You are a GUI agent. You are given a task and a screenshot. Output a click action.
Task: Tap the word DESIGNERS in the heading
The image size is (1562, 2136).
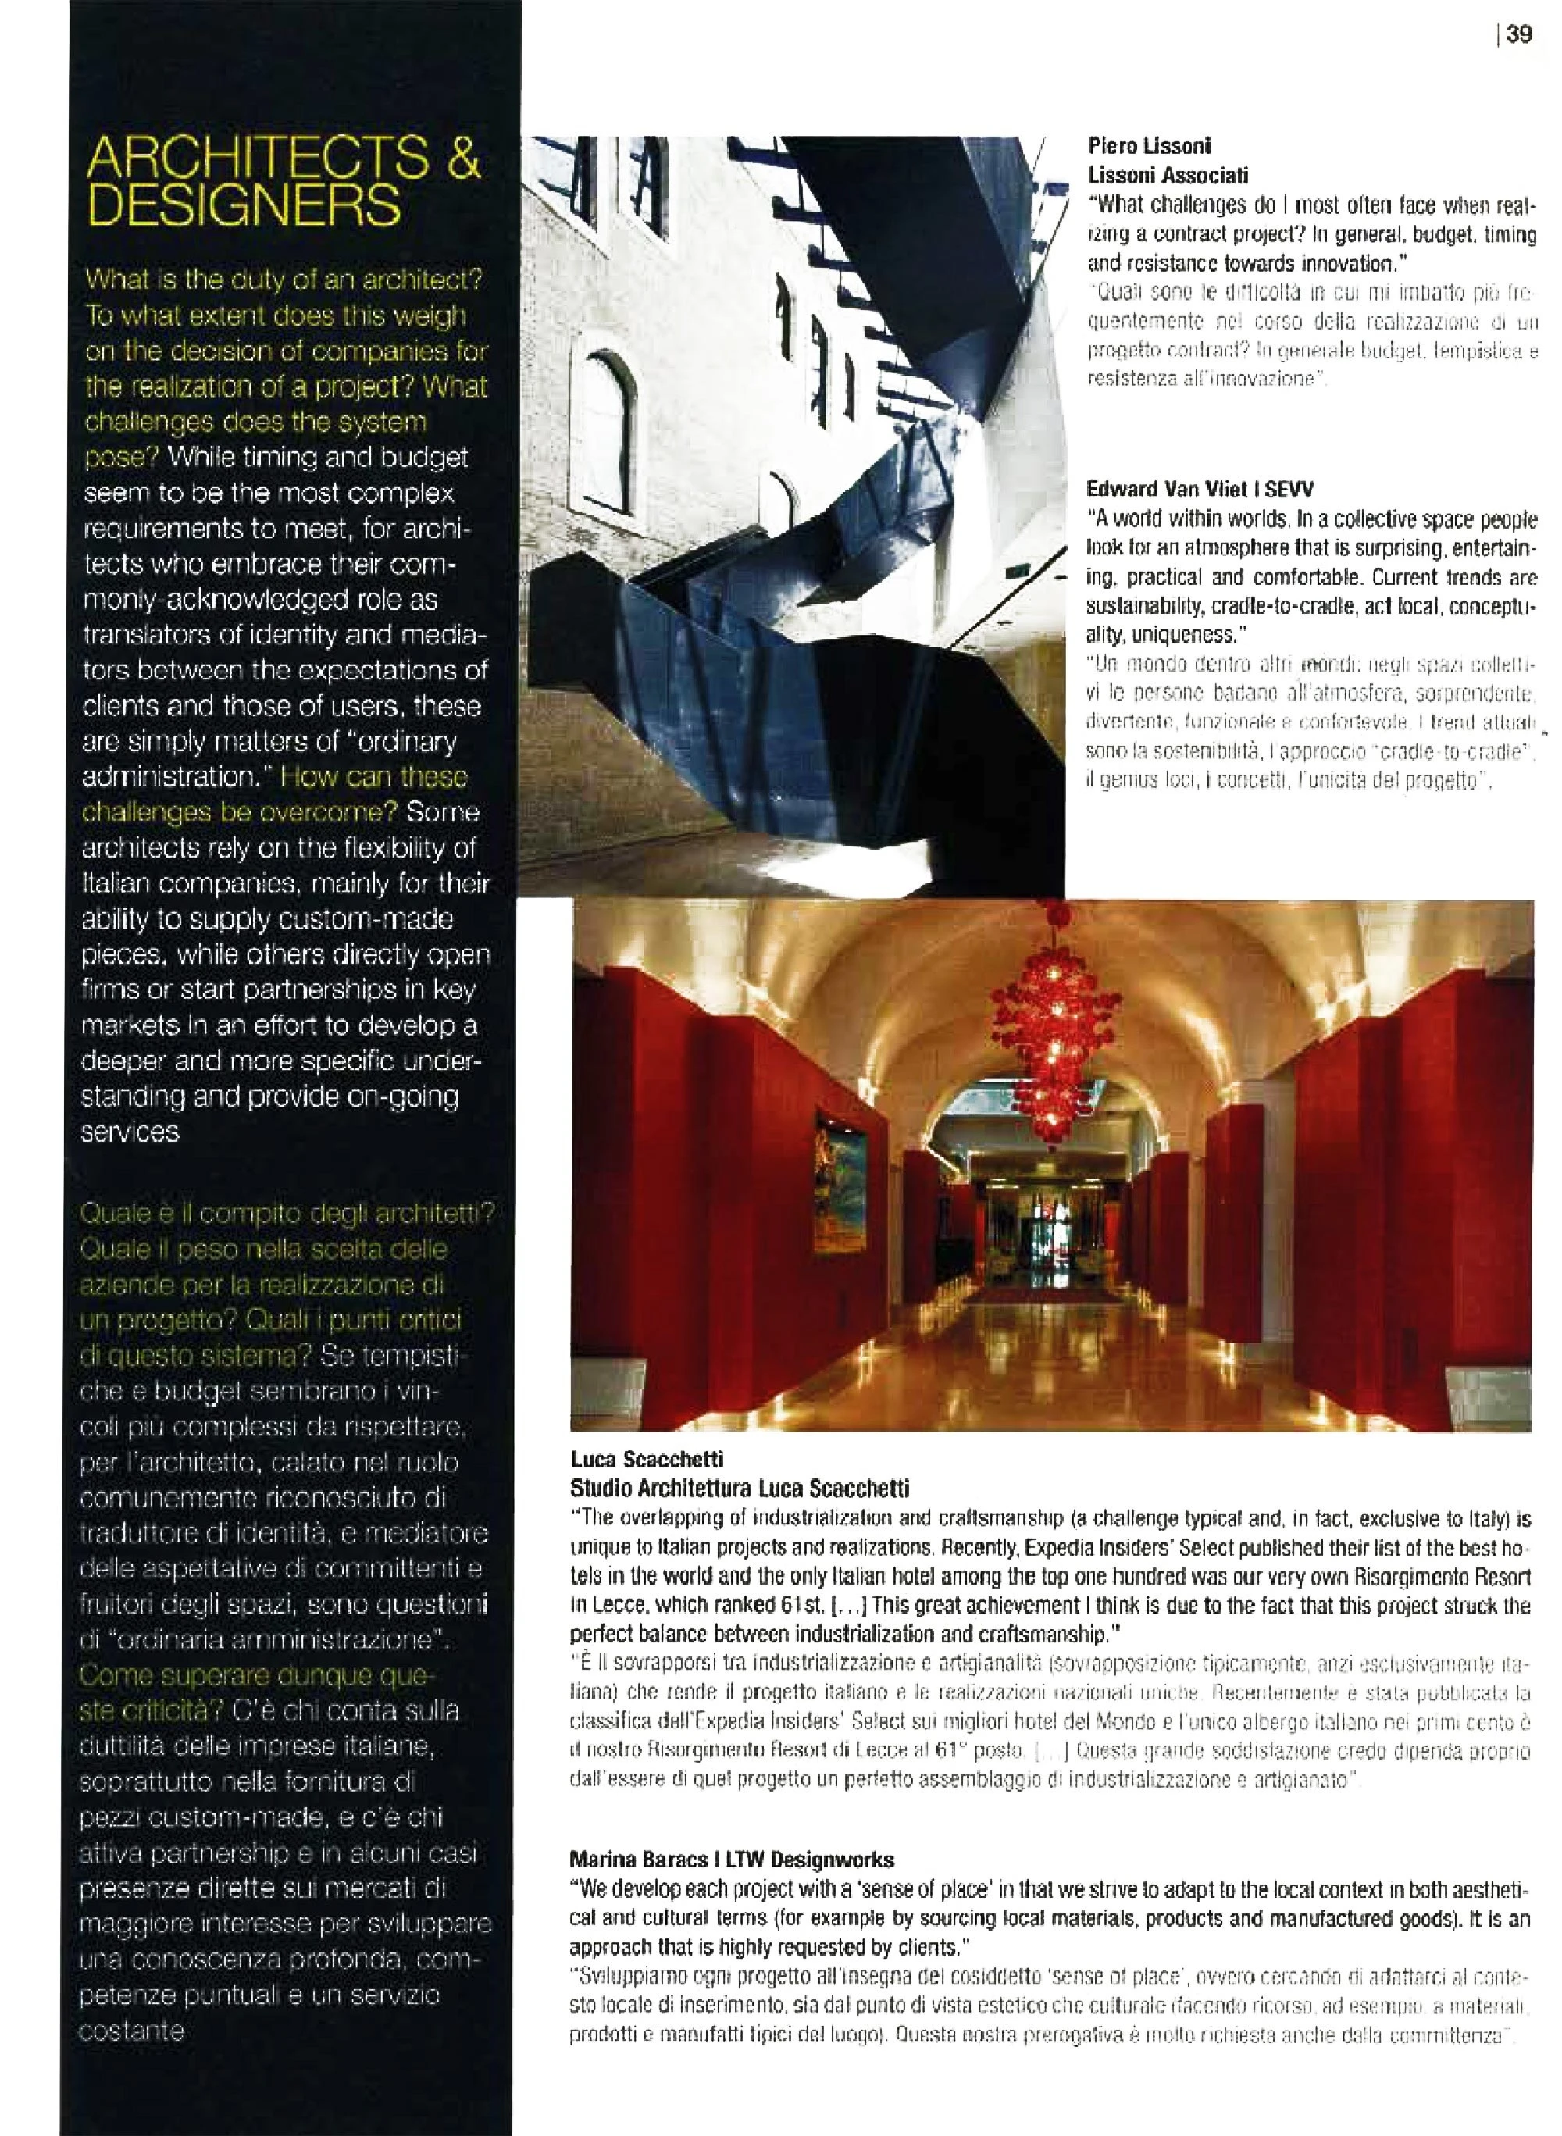tap(243, 206)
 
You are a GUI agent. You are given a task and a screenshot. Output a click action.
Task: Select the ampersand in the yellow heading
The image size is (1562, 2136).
tap(463, 161)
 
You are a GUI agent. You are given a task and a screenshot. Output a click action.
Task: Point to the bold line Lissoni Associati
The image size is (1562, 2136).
tap(1167, 175)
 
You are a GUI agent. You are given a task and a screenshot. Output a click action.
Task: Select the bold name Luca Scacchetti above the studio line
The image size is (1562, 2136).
tap(646, 1460)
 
